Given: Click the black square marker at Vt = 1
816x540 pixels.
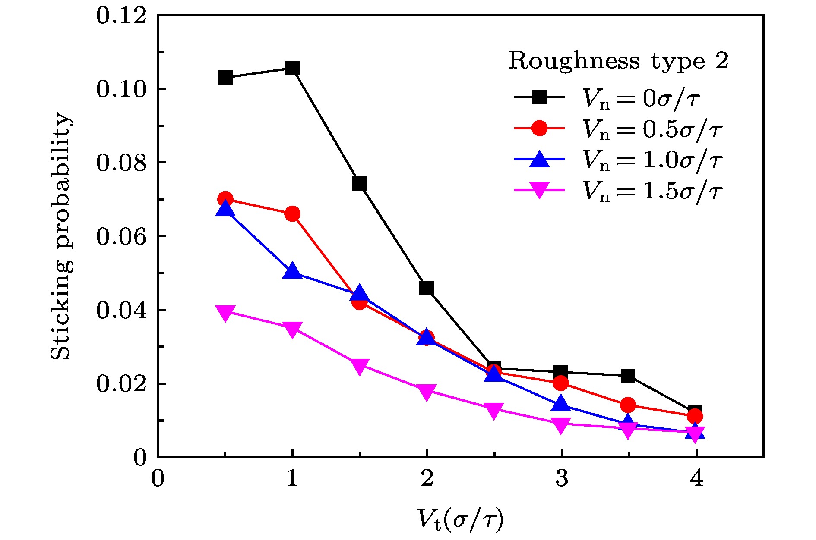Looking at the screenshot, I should [x=292, y=68].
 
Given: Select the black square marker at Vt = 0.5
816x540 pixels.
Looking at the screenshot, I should [x=225, y=78].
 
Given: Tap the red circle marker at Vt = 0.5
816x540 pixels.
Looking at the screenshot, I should [x=225, y=199].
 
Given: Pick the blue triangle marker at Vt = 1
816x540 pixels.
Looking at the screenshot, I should [x=292, y=271].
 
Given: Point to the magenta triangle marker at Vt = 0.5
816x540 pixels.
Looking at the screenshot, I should [x=225, y=313].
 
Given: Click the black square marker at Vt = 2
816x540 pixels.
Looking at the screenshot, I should [x=427, y=288].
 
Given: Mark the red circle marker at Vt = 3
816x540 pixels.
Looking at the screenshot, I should [x=561, y=383].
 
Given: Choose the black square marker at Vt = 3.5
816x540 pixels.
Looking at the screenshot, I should [x=628, y=376].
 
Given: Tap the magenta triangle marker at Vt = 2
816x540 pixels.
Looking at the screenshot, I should [x=427, y=392].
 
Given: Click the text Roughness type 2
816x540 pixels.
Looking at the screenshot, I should [x=618, y=61].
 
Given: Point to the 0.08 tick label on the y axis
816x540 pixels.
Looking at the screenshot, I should [x=121, y=163].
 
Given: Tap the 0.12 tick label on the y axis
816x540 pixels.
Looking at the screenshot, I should [x=121, y=16].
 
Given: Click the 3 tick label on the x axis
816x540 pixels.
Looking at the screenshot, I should [x=561, y=478].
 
